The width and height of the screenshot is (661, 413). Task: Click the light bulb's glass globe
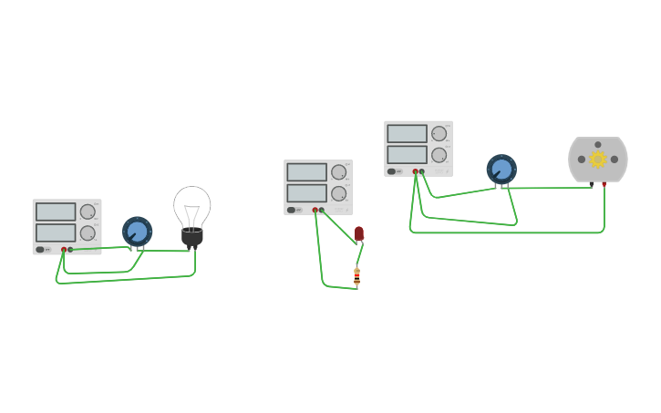192,204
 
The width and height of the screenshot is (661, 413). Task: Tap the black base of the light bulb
191,238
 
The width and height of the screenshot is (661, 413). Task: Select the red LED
359,233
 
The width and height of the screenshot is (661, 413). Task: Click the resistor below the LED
356,275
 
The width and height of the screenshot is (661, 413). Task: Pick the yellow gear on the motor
598,160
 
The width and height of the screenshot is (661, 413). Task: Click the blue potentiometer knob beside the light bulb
137,232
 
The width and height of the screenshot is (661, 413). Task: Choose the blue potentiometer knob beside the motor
501,169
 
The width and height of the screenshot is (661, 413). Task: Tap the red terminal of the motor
604,185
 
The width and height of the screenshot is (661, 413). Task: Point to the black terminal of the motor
592,185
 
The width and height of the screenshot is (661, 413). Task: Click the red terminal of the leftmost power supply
64,249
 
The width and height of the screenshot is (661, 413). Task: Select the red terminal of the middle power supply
315,210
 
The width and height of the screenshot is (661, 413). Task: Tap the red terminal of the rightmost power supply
415,171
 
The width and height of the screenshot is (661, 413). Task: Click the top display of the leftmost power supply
56,212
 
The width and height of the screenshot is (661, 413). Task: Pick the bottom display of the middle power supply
306,193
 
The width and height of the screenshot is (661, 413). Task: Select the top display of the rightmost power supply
407,133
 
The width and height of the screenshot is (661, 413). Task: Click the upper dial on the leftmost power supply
88,212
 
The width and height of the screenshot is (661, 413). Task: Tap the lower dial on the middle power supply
339,193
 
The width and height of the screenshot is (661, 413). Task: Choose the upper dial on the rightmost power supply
439,133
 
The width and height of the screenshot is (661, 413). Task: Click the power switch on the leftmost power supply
40,249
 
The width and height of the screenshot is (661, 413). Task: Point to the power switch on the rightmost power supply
392,171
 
